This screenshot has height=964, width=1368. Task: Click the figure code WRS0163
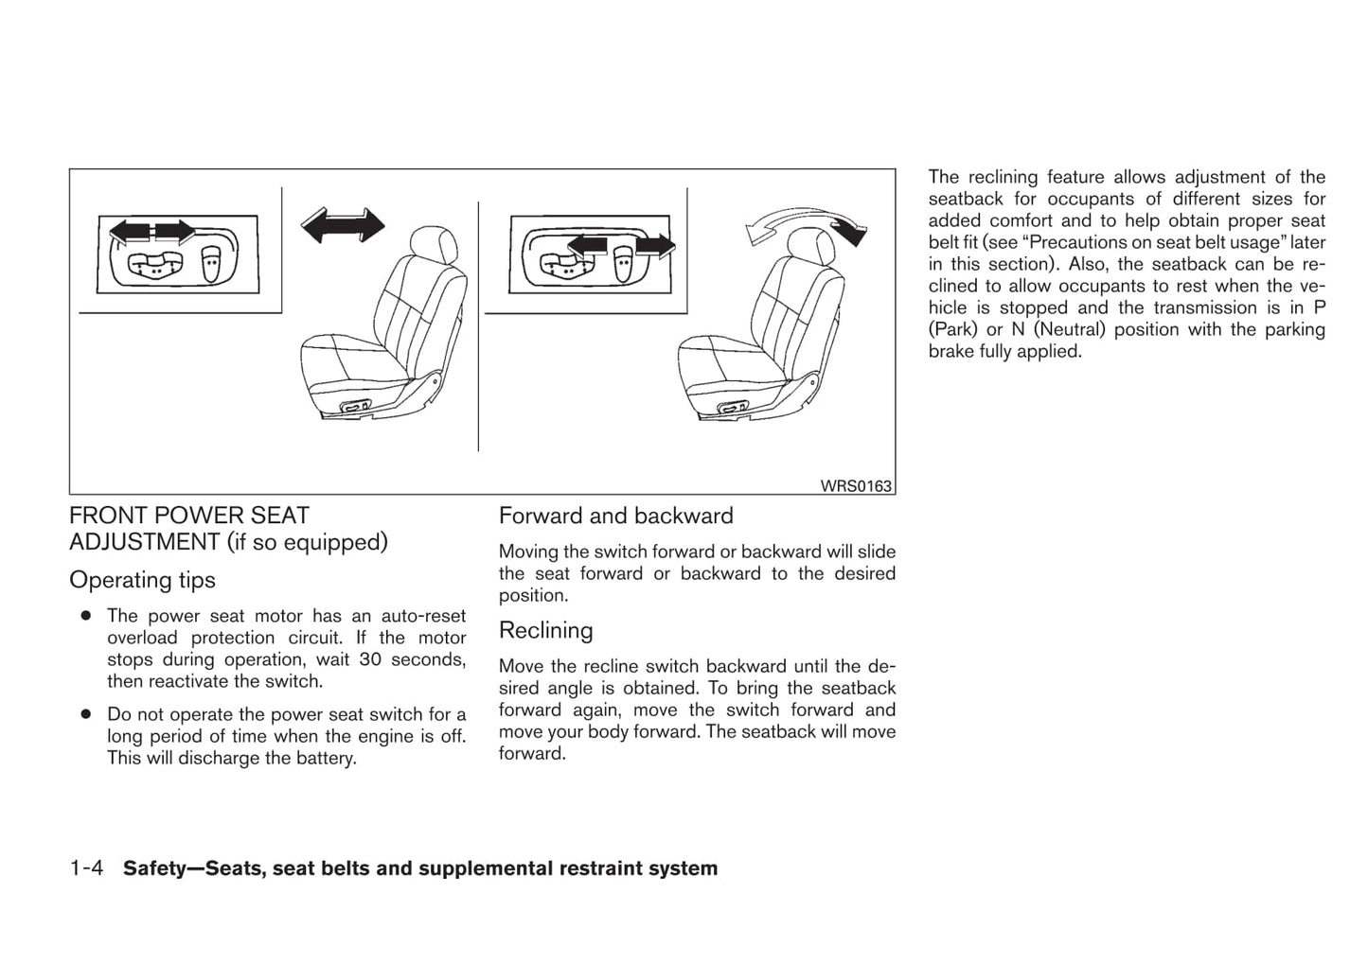[855, 486]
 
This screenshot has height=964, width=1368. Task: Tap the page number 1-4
[91, 868]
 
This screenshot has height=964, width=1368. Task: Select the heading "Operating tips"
[142, 580]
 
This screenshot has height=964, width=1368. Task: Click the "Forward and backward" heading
[615, 516]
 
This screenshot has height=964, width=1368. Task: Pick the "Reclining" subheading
[545, 630]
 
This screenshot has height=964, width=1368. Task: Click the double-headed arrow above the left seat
[343, 225]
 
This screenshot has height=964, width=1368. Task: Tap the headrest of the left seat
[432, 246]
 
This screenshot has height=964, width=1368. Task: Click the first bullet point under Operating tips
[86, 616]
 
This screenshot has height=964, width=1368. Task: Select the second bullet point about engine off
[86, 714]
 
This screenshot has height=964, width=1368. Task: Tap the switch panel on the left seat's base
[359, 407]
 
